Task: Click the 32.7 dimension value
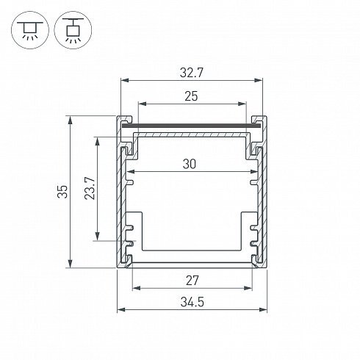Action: point(192,73)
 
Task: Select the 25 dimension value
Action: point(191,96)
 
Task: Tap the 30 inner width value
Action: point(190,164)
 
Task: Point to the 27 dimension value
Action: point(192,281)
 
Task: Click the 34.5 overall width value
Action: point(192,302)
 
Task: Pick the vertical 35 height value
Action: point(62,192)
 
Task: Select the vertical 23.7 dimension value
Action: point(90,188)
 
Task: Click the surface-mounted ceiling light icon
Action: point(30,30)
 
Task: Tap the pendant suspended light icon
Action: point(73,30)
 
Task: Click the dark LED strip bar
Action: point(191,126)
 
